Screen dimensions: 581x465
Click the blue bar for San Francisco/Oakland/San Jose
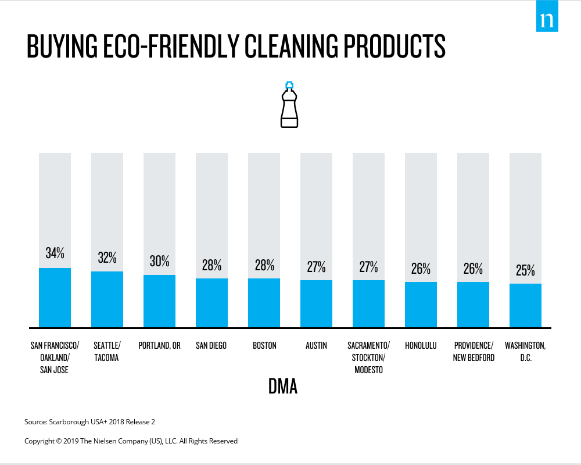55,298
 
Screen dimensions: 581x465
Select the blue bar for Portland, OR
159,301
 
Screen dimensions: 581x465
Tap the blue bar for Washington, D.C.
525,306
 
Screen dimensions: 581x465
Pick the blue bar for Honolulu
421,305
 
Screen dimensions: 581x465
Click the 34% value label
55,253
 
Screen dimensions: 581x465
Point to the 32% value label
107,257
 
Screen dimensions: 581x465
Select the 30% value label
159,261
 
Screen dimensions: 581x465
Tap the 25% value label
525,270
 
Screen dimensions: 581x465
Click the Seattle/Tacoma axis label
107,352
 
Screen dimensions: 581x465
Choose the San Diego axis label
211,346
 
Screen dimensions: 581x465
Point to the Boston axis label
264,346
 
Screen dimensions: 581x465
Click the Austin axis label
316,346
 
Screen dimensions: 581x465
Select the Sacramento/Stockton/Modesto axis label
369,357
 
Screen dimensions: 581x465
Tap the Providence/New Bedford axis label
474,352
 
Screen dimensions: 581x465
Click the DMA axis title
283,387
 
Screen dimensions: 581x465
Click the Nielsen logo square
547,16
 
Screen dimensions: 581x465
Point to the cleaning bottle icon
289,105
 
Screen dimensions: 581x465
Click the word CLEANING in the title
291,46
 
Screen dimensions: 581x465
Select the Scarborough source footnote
89,421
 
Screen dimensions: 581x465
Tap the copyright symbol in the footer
59,441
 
